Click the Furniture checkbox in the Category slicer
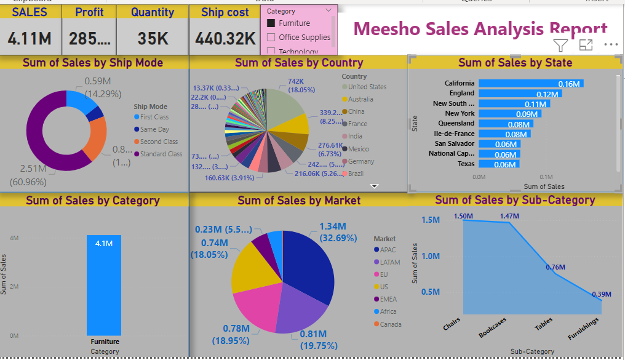[271, 23]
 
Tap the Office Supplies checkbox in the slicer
[271, 38]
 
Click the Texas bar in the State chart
[499, 164]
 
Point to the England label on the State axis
[462, 94]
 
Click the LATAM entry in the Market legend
[389, 262]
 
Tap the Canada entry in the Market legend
[391, 324]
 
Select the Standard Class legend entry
[161, 154]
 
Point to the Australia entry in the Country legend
[360, 99]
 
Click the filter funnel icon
[560, 45]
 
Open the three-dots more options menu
[610, 45]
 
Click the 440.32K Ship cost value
[225, 39]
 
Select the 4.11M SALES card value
[30, 39]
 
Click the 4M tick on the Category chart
[15, 238]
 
